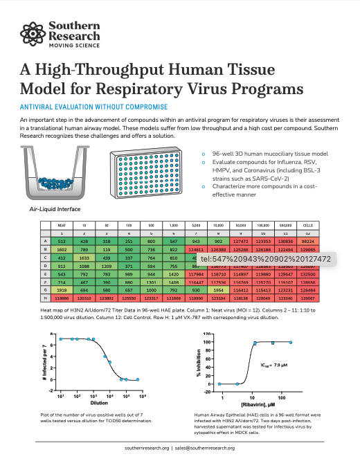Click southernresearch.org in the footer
pos(146,449)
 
